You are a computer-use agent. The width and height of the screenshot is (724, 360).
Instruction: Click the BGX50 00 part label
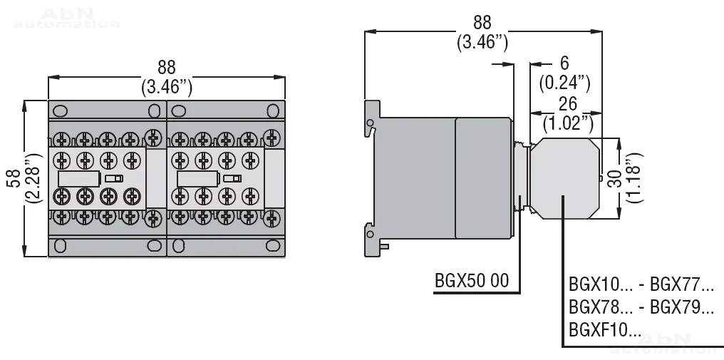click(x=472, y=280)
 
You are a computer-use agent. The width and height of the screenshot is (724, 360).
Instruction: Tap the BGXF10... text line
click(x=605, y=330)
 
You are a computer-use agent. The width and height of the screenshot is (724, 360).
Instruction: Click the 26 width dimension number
click(x=567, y=103)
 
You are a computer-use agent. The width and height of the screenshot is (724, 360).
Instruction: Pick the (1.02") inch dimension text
click(x=568, y=123)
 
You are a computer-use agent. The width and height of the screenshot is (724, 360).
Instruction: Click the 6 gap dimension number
click(x=564, y=63)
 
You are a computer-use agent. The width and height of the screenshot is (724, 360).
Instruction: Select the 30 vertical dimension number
click(x=614, y=178)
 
